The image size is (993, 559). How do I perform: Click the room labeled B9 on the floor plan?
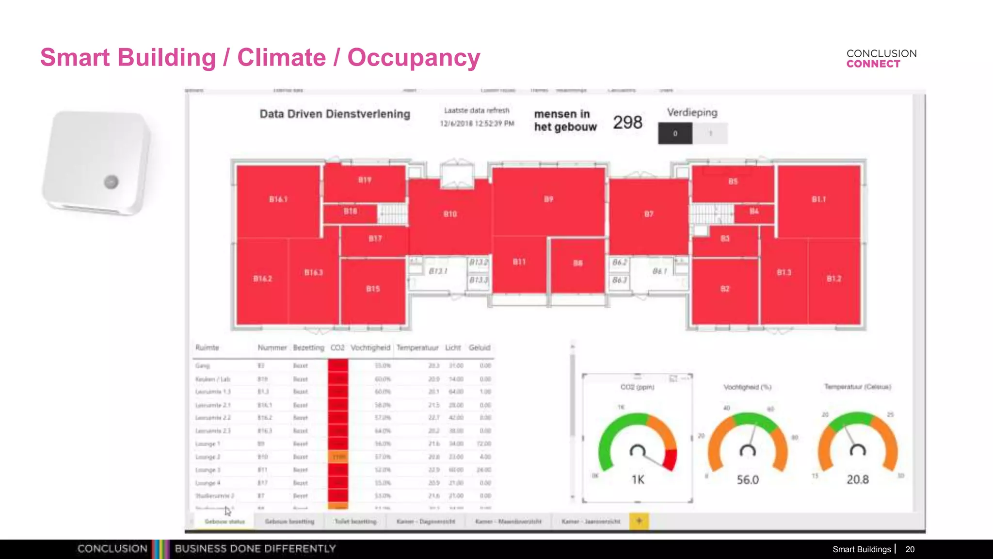click(x=548, y=199)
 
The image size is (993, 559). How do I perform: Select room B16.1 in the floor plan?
click(x=278, y=199)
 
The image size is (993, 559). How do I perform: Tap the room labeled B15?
click(x=373, y=289)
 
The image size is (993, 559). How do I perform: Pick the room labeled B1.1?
click(x=819, y=199)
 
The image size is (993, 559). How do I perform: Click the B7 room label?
click(x=649, y=214)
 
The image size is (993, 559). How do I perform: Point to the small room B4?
click(x=754, y=212)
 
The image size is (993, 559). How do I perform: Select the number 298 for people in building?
click(x=627, y=122)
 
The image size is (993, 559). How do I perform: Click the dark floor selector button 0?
click(x=675, y=133)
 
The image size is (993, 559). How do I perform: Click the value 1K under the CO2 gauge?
click(x=638, y=480)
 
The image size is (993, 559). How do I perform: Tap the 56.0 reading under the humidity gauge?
click(x=748, y=480)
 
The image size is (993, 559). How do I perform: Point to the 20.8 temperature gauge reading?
click(x=858, y=479)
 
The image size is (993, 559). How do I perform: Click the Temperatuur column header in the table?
click(x=417, y=348)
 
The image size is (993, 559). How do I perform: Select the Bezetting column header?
click(x=308, y=348)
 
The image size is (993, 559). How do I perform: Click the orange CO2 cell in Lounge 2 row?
click(x=338, y=457)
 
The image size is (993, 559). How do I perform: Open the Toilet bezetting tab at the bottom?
click(x=355, y=522)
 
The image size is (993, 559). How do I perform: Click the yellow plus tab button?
click(x=639, y=521)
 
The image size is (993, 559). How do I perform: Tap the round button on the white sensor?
click(x=111, y=182)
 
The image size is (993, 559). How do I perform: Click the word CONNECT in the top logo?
click(x=873, y=64)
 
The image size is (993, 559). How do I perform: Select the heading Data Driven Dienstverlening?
click(x=335, y=114)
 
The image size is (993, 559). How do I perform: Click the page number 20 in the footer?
click(x=910, y=549)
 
